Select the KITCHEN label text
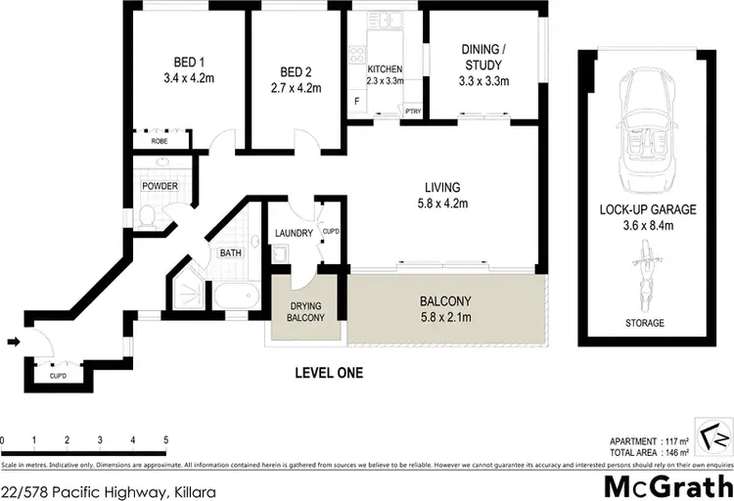385,68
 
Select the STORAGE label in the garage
645,323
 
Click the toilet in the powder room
144,216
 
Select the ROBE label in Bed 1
160,142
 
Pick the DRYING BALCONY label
305,312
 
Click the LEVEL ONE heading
329,373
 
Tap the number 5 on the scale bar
165,439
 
